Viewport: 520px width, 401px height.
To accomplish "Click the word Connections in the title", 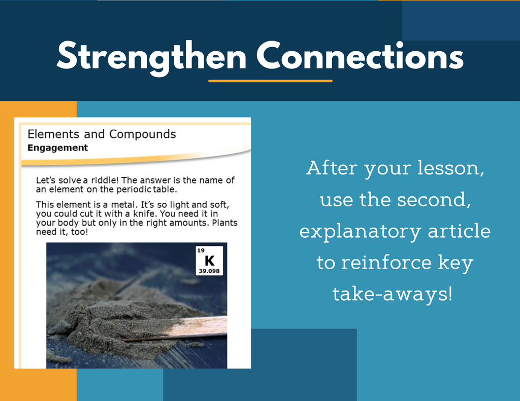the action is click(360, 56).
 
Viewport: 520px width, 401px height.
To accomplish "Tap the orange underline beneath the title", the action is click(270, 81).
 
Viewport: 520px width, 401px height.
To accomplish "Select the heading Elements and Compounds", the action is click(102, 134).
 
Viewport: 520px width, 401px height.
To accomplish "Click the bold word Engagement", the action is click(58, 148).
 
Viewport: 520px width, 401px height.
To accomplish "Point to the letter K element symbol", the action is click(210, 261).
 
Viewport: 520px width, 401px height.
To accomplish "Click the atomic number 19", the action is click(201, 250).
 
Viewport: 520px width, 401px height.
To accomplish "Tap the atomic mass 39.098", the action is click(209, 271).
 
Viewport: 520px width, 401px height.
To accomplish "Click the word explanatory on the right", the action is click(360, 232).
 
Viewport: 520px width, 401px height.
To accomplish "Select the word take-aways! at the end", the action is click(393, 294).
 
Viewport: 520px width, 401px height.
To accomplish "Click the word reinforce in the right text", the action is click(386, 262).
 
